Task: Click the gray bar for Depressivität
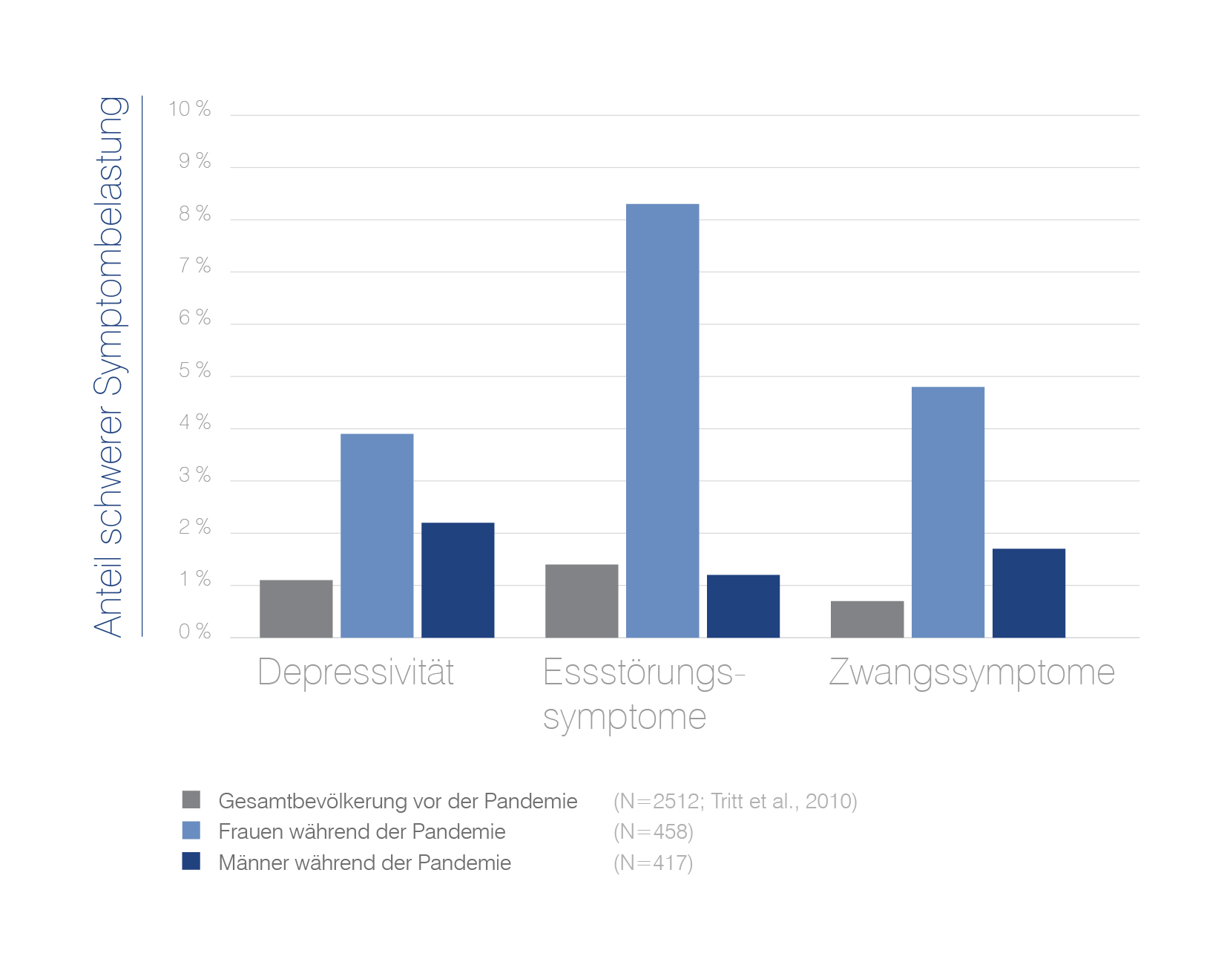(296, 609)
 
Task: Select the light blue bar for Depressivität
(377, 535)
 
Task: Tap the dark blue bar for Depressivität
(458, 580)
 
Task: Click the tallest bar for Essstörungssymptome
(662, 420)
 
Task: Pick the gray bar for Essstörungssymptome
(582, 601)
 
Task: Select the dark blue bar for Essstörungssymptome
(743, 606)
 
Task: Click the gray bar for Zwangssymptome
(867, 619)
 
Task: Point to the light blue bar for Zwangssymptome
(948, 512)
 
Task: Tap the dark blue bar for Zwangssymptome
(1029, 593)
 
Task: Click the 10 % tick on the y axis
(190, 109)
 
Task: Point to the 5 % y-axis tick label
(195, 370)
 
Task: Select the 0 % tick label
(195, 632)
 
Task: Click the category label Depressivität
(355, 673)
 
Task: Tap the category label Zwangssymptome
(972, 673)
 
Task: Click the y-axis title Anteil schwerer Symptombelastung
(109, 367)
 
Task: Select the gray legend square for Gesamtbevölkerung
(191, 799)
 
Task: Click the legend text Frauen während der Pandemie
(362, 831)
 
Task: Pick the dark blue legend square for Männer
(191, 861)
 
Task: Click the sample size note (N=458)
(654, 831)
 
